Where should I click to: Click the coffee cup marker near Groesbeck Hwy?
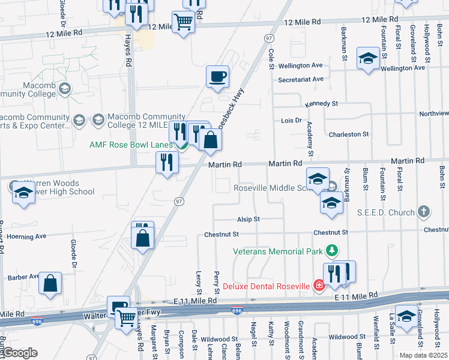(218, 77)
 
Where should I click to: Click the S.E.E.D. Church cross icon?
(424, 212)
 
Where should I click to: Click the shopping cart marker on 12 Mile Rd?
(183, 23)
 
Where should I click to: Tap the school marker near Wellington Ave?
(367, 58)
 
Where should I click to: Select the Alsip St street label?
(248, 220)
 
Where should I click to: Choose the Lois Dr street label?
(291, 121)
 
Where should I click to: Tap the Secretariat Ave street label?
(301, 79)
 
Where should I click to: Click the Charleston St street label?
(348, 134)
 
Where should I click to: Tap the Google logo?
(20, 353)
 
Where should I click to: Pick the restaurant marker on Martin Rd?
(167, 162)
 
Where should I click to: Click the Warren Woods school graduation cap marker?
(23, 193)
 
